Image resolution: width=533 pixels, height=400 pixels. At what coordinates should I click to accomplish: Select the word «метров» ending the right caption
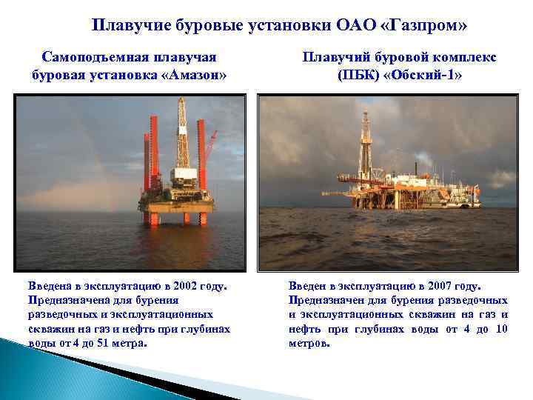(309, 344)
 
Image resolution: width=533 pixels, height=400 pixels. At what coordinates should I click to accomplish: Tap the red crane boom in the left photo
(210, 148)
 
